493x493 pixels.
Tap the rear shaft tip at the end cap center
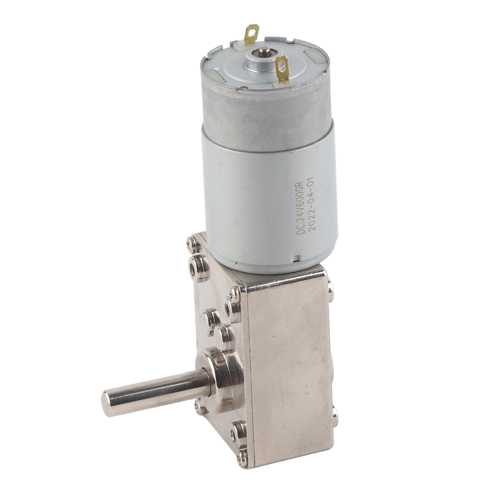click(x=264, y=50)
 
